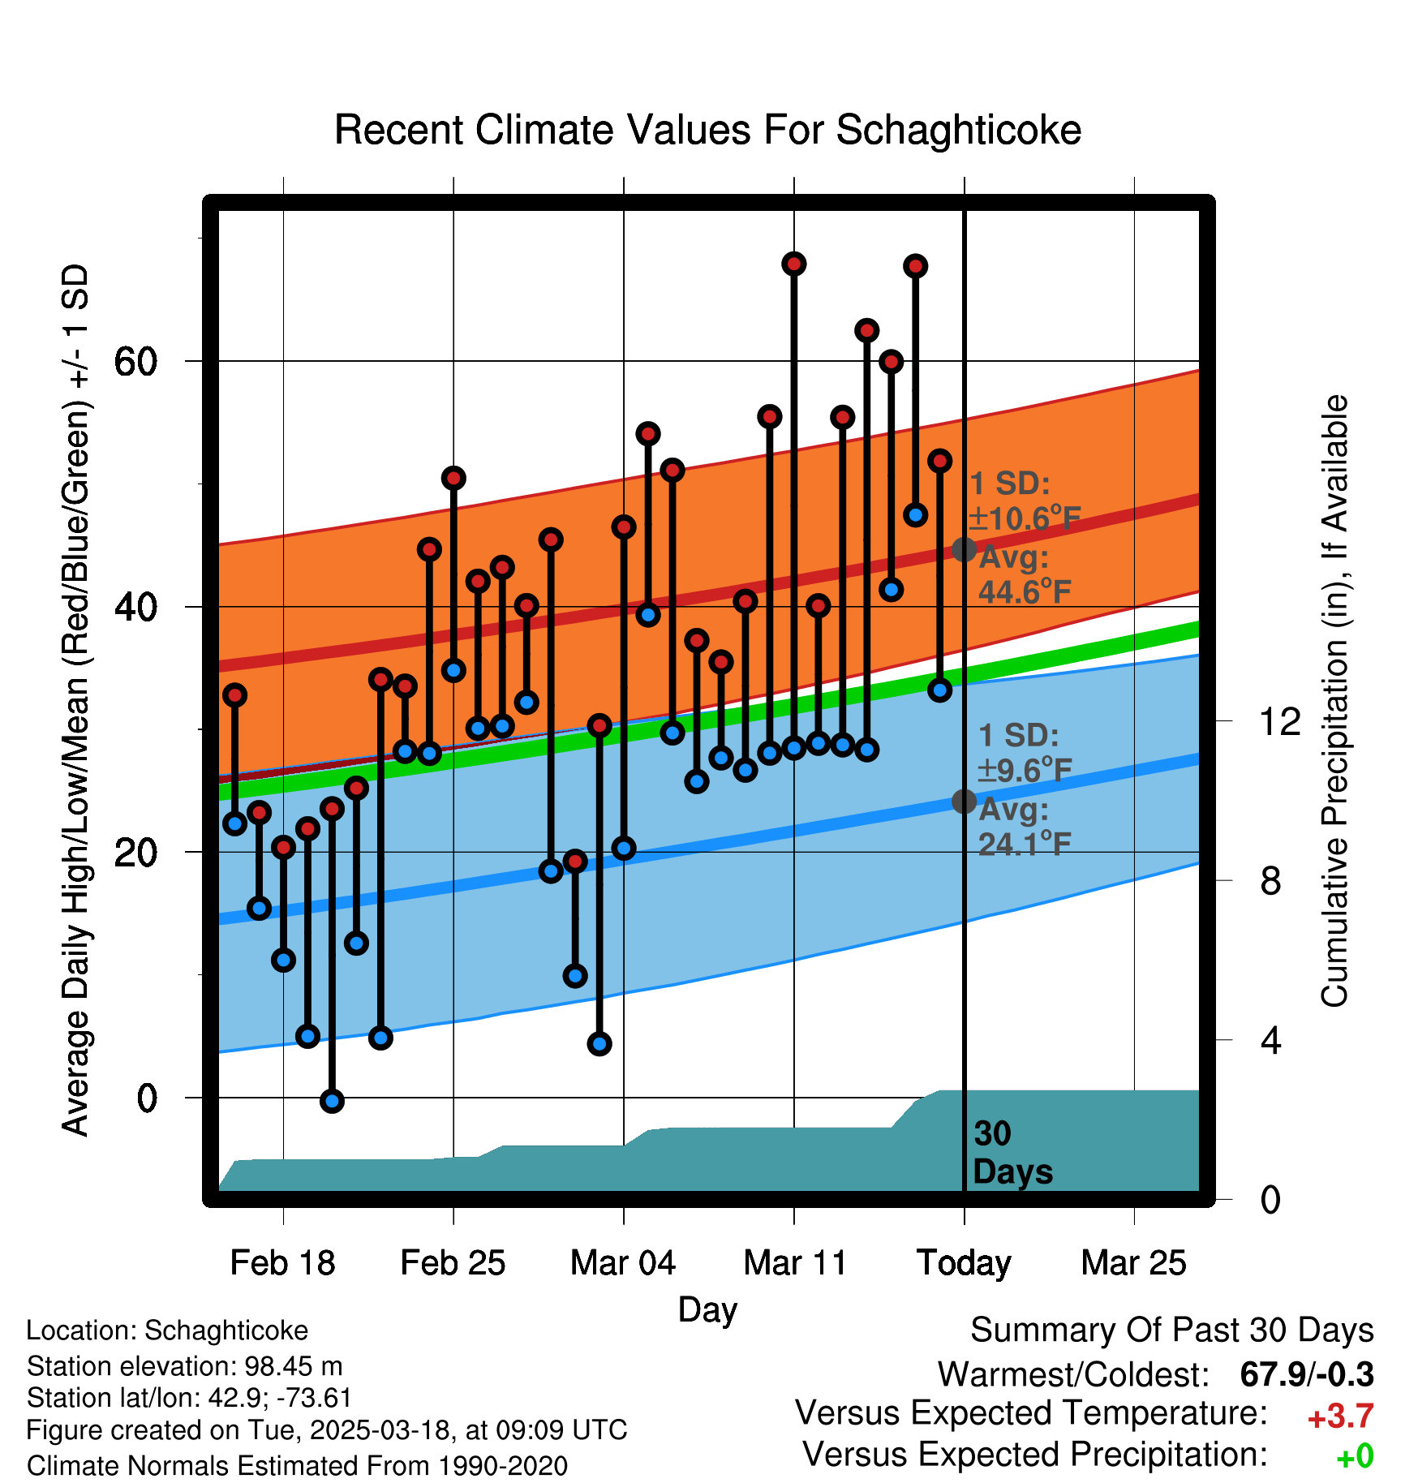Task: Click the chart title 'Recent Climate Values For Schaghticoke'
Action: click(707, 130)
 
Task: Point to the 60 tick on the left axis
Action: click(135, 361)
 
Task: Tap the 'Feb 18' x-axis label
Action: click(282, 1263)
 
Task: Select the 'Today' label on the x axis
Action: click(964, 1263)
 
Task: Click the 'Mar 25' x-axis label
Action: click(1133, 1263)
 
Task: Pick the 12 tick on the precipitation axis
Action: click(1279, 721)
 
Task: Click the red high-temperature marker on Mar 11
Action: click(794, 264)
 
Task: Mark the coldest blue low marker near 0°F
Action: click(332, 1101)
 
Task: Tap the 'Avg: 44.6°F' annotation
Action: click(1024, 575)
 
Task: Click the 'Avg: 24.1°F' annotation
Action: click(1024, 827)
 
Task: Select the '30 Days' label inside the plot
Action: click(1012, 1153)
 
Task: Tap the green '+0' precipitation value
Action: click(1355, 1456)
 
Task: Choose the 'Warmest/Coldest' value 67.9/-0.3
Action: click(1307, 1375)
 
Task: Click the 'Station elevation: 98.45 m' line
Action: click(184, 1366)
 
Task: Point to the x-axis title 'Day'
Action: click(707, 1309)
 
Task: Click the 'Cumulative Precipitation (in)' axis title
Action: click(1334, 702)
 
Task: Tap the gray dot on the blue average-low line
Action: click(964, 802)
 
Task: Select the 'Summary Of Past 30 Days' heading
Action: click(1171, 1330)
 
